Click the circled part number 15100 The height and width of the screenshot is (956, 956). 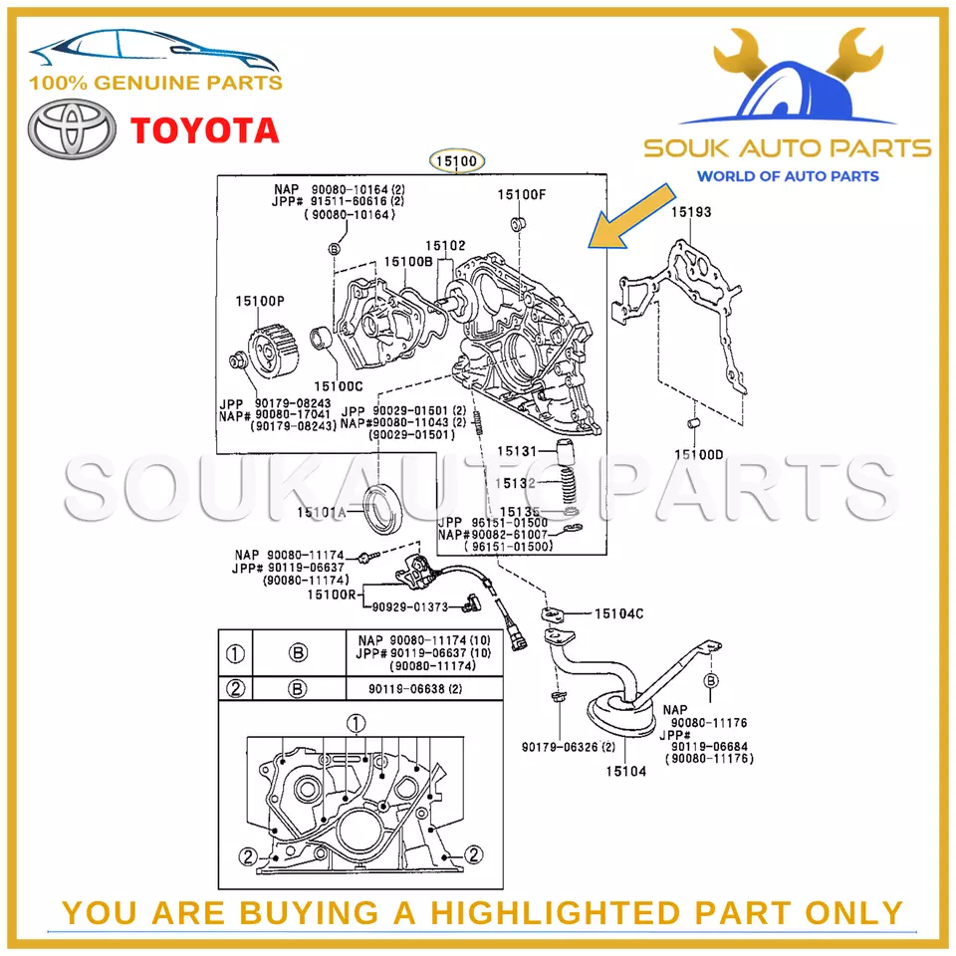456,160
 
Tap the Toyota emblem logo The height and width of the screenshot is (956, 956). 68,130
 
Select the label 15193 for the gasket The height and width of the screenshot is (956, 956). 690,212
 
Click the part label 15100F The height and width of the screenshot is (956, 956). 522,194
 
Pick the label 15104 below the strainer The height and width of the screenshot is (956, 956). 626,771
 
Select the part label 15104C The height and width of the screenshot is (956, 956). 618,614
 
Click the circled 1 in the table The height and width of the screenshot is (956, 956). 235,653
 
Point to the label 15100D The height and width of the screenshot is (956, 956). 699,454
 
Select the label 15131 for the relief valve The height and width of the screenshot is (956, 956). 517,451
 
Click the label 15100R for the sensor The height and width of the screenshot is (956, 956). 331,595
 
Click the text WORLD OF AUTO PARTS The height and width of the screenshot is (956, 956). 787,176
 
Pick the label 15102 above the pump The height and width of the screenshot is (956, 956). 445,245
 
